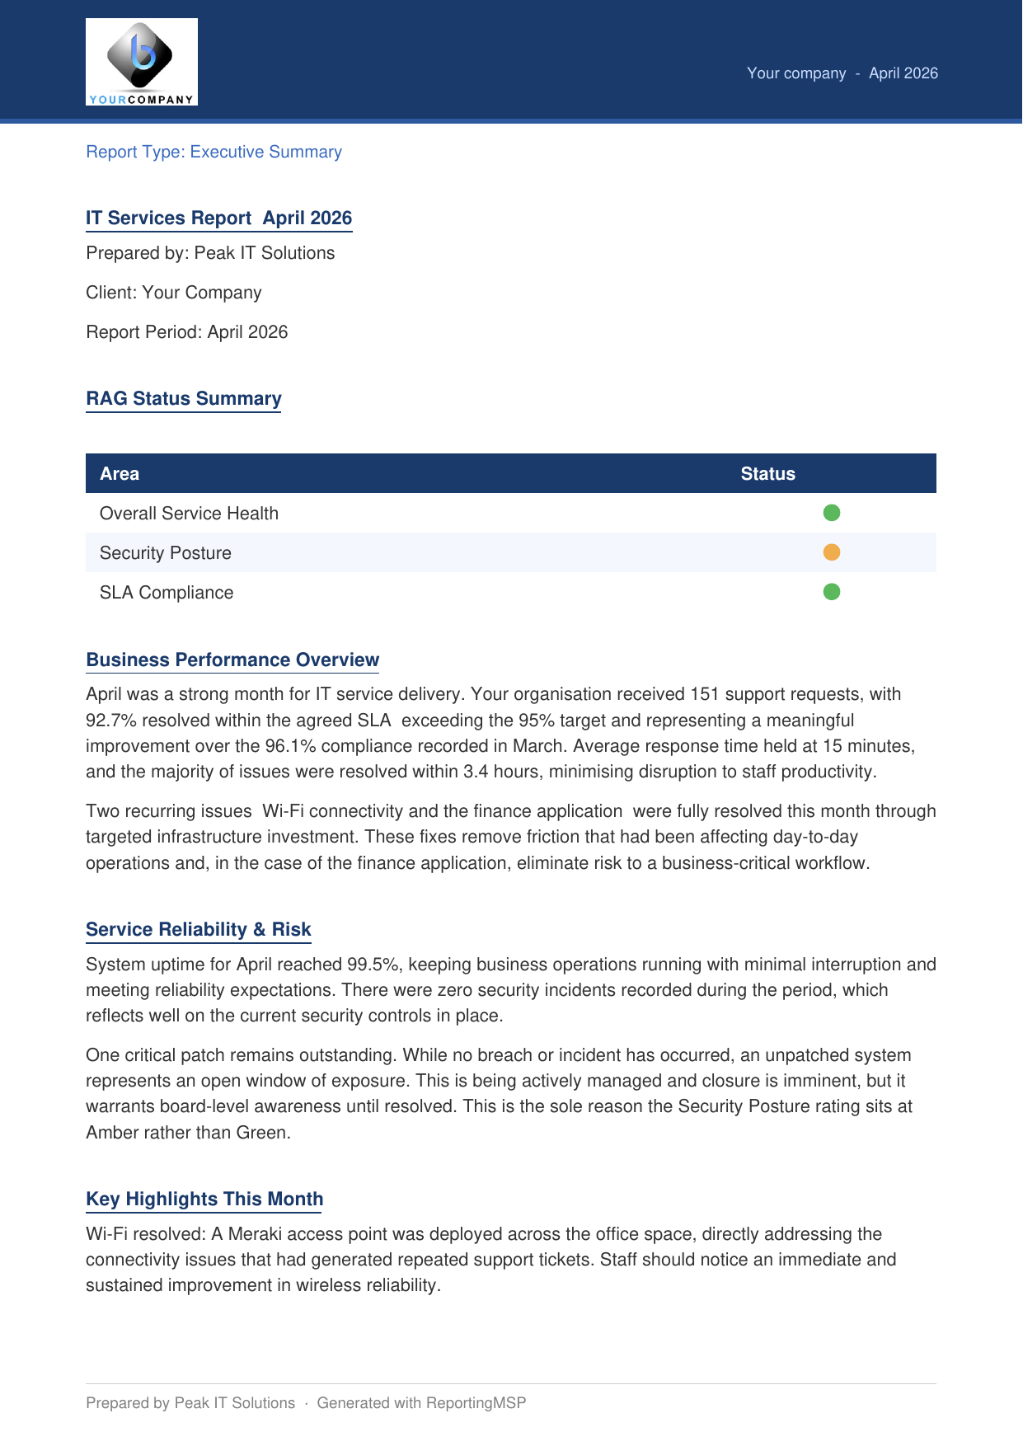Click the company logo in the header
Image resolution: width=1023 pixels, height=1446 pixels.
[x=142, y=62]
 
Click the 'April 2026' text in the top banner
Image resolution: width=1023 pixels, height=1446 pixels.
[x=903, y=73]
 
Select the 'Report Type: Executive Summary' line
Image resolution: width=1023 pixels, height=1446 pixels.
[x=214, y=152]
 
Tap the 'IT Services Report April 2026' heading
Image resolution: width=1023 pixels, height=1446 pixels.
[x=218, y=218]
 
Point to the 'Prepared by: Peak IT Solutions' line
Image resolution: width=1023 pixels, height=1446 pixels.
[x=210, y=253]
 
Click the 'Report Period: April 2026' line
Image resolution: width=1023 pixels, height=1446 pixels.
[x=186, y=332]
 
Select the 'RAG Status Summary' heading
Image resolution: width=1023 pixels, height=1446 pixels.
[x=183, y=398]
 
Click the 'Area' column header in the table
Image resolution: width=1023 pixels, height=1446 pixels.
[x=120, y=474]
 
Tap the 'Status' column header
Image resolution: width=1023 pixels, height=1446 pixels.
[x=767, y=474]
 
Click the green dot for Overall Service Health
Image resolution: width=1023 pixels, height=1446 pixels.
[x=831, y=513]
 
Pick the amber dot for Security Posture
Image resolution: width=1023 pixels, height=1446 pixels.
[x=831, y=552]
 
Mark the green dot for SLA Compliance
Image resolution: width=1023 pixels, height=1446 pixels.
[x=831, y=592]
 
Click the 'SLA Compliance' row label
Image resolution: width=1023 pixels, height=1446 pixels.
[x=167, y=593]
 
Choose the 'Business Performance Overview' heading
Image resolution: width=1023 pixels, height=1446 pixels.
[x=232, y=660]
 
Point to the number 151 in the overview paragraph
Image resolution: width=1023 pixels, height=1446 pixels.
[x=705, y=694]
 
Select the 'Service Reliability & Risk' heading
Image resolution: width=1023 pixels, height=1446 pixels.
[x=198, y=929]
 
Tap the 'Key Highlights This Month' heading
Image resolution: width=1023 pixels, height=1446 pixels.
[x=204, y=1199]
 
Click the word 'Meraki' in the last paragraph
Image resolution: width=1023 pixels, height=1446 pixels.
[x=255, y=1234]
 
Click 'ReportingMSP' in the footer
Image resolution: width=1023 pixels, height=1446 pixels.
[x=476, y=1403]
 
